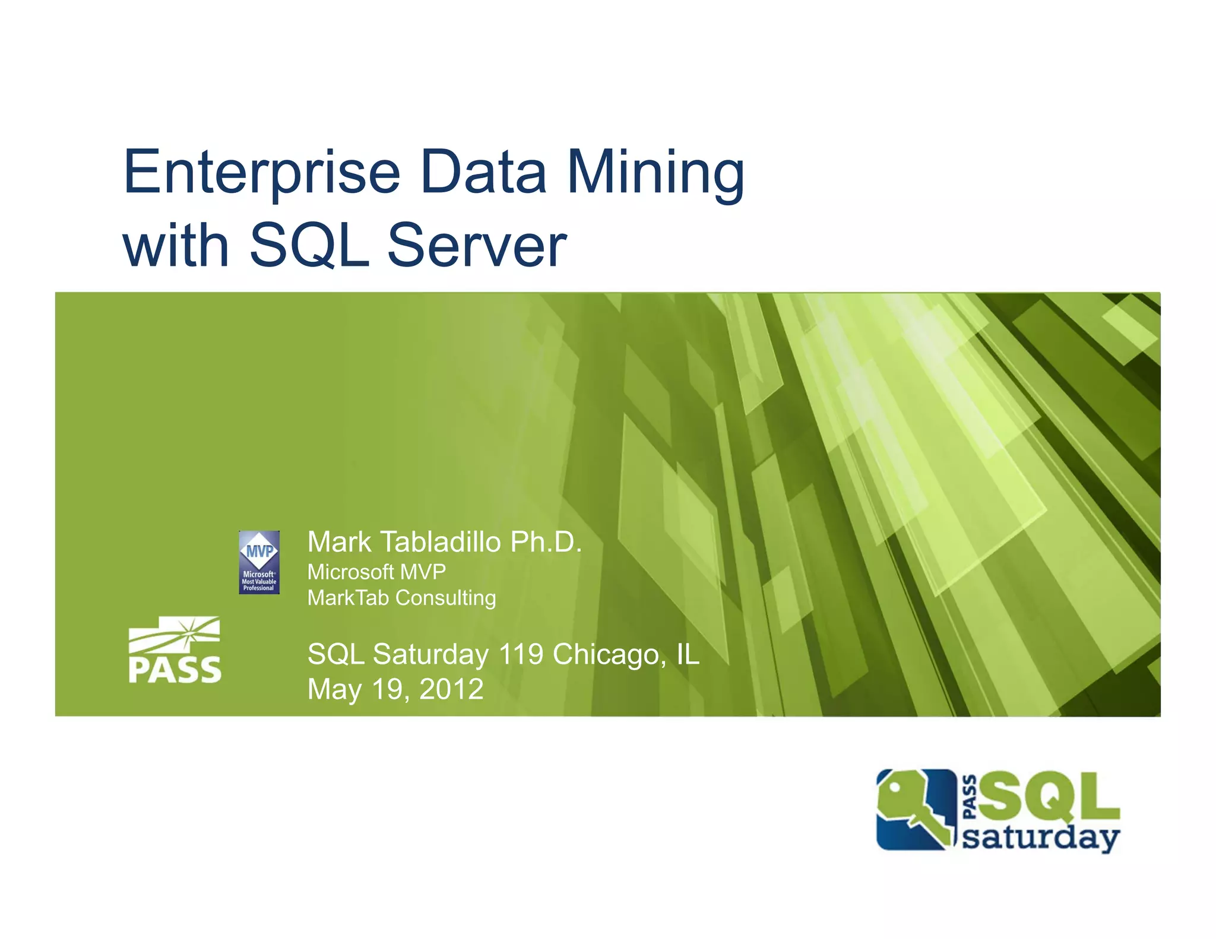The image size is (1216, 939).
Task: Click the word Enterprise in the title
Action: [x=262, y=173]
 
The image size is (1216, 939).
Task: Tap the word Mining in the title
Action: [x=655, y=173]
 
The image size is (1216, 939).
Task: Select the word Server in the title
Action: [x=477, y=245]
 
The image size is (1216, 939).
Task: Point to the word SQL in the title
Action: [x=309, y=245]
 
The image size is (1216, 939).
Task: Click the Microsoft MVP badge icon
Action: [x=259, y=562]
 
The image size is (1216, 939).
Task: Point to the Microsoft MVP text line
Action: [x=376, y=572]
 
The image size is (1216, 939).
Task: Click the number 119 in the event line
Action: [x=521, y=654]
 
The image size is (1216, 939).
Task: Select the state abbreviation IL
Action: [x=688, y=654]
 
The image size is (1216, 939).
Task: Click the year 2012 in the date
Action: [x=451, y=689]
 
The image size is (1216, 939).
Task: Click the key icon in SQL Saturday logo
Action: [x=914, y=808]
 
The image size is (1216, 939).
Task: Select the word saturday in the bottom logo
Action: [x=1040, y=838]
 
